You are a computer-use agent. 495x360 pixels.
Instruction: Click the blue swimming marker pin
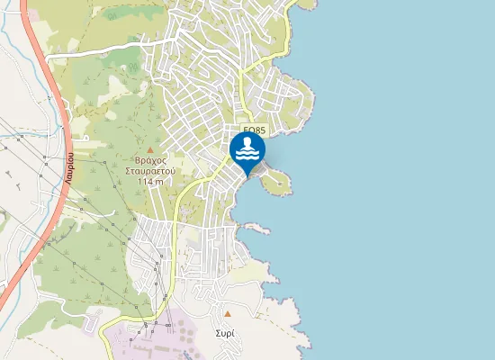247,150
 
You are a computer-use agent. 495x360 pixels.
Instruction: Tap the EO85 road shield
255,130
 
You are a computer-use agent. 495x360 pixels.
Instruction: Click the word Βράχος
149,158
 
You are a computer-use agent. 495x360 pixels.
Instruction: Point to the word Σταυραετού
149,169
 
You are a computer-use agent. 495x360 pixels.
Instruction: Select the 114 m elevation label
150,181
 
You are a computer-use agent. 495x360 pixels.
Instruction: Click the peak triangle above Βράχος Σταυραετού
150,148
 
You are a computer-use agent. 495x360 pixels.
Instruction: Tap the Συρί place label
226,333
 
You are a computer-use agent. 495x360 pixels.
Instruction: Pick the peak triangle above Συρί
228,314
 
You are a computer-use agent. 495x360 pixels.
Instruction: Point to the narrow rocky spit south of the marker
256,226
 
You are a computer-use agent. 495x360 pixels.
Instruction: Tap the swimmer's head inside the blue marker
247,142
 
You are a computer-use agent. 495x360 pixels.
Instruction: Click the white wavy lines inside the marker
247,156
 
